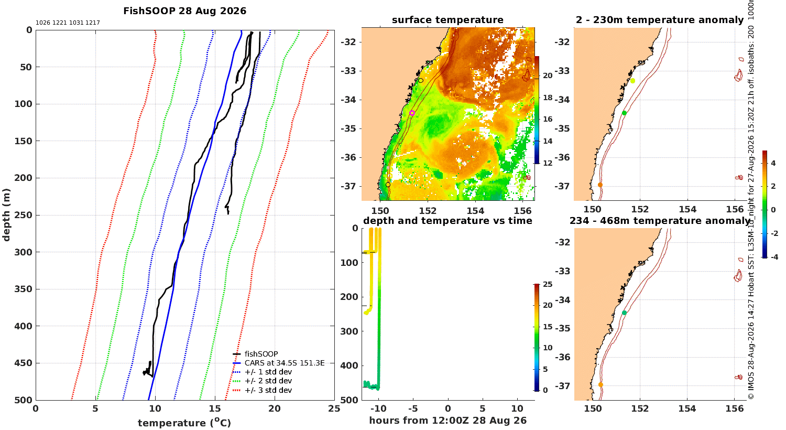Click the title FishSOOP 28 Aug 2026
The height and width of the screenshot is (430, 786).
pyautogui.click(x=184, y=11)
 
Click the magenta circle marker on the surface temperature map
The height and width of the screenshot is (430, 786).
pyautogui.click(x=412, y=113)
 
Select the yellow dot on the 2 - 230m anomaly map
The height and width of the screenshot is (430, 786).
pyautogui.click(x=632, y=81)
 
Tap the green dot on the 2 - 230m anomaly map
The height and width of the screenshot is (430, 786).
pyautogui.click(x=624, y=113)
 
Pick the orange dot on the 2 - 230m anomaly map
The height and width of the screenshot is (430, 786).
pyautogui.click(x=600, y=185)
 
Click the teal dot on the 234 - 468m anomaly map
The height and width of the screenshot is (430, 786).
pyautogui.click(x=624, y=313)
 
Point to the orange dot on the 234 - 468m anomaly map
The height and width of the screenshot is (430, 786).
pyautogui.click(x=601, y=385)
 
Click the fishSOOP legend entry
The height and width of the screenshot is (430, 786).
pyautogui.click(x=261, y=354)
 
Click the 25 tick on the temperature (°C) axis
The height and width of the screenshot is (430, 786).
pyautogui.click(x=334, y=408)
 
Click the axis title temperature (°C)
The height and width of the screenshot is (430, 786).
pyautogui.click(x=184, y=423)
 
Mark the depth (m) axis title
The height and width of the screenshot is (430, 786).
pyautogui.click(x=6, y=215)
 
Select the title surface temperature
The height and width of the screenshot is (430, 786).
pyautogui.click(x=447, y=20)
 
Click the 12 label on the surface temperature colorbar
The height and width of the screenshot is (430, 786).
pyautogui.click(x=548, y=163)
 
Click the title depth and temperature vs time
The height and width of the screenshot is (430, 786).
pyautogui.click(x=447, y=221)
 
